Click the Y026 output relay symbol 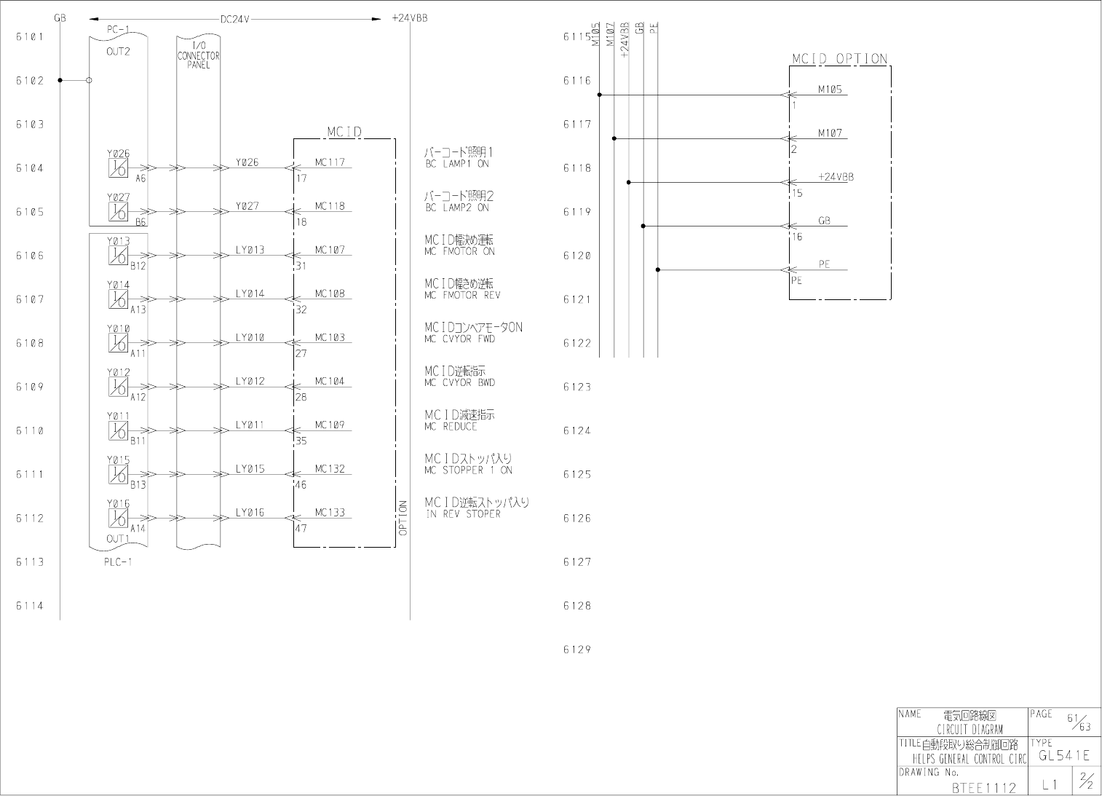tap(118, 168)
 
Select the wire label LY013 tap(250, 250)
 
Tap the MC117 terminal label tap(330, 162)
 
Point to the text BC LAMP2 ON tap(457, 208)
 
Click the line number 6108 tap(30, 343)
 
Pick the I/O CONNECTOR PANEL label tap(198, 55)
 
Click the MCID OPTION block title tap(840, 59)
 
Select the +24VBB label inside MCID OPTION tap(836, 177)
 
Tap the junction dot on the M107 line tap(614, 138)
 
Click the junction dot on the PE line tap(658, 269)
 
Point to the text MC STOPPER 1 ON tap(468, 470)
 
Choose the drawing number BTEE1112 tap(983, 787)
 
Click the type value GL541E tap(1064, 756)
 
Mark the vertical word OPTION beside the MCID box tap(403, 518)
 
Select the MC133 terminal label tap(330, 513)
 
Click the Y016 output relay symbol tap(118, 518)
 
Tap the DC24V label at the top tap(235, 19)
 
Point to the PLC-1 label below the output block tap(118, 561)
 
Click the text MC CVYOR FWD tap(459, 339)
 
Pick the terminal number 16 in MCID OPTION tap(797, 237)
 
